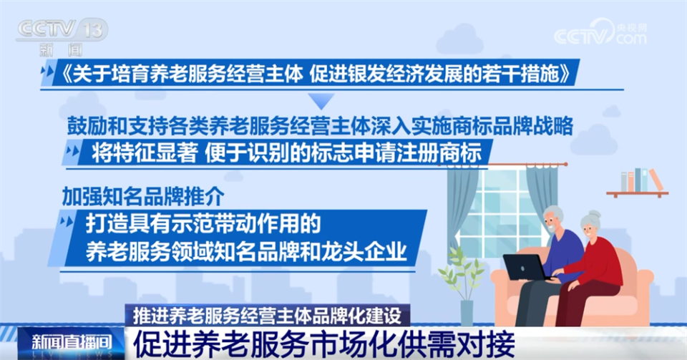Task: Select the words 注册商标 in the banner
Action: pyautogui.click(x=455, y=152)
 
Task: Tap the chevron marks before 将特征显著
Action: pyautogui.click(x=72, y=152)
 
